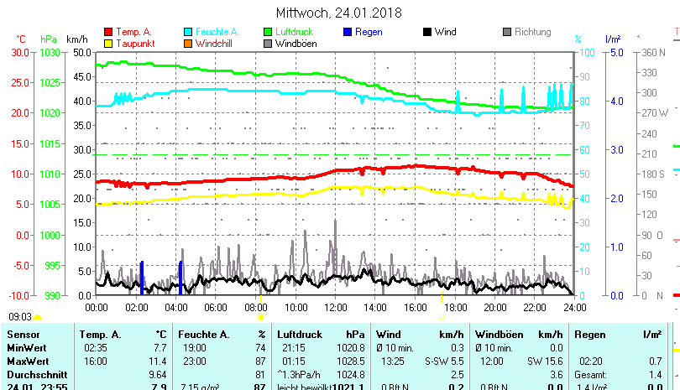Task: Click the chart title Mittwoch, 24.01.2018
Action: click(x=339, y=13)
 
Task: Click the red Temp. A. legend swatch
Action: click(x=107, y=33)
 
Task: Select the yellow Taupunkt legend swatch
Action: click(x=107, y=44)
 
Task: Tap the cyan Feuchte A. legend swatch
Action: click(x=188, y=33)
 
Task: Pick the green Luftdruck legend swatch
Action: click(x=269, y=33)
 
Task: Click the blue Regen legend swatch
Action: click(x=348, y=33)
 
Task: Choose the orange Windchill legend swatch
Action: click(x=188, y=44)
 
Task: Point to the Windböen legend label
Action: click(x=296, y=44)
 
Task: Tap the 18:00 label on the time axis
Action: click(x=455, y=307)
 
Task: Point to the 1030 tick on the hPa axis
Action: click(x=50, y=52)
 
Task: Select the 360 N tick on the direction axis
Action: click(x=653, y=52)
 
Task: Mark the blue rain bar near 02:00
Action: click(x=142, y=278)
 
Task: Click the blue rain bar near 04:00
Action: click(x=180, y=278)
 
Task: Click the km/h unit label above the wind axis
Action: click(x=76, y=39)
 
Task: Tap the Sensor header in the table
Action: click(x=23, y=334)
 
